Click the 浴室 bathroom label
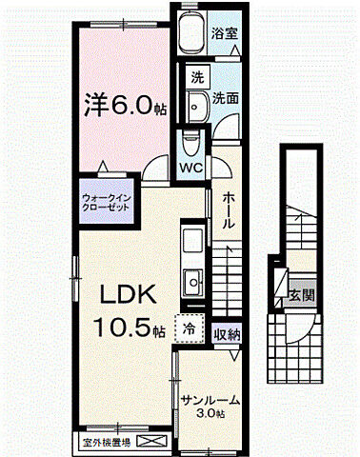[x=226, y=31]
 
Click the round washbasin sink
[x=197, y=105]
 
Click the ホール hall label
[x=230, y=209]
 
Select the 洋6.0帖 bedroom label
[x=126, y=106]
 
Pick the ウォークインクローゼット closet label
[x=106, y=203]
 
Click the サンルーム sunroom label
[x=210, y=401]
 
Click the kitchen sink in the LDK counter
[x=193, y=282]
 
